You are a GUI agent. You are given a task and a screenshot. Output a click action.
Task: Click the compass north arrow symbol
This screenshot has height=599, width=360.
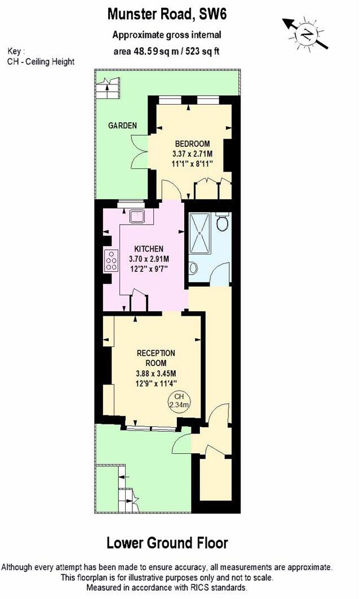point(306,33)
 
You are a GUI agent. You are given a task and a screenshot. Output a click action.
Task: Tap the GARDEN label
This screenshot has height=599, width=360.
point(122,126)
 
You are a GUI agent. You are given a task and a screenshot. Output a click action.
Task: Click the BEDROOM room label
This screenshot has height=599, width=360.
point(192,143)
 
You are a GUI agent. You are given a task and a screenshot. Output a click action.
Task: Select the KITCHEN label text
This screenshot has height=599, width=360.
point(149,249)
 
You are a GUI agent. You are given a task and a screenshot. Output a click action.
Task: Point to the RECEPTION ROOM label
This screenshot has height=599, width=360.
point(156,357)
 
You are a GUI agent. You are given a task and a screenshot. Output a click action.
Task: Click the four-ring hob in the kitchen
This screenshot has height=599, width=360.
point(111,261)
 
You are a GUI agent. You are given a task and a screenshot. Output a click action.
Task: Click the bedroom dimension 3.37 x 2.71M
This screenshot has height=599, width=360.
point(192,153)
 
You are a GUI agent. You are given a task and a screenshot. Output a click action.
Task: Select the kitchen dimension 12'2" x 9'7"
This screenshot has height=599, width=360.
point(149,269)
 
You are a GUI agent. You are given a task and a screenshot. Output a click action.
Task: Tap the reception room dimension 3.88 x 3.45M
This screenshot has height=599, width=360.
point(156,373)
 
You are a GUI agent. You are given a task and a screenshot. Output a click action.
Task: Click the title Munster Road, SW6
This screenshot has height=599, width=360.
point(166,14)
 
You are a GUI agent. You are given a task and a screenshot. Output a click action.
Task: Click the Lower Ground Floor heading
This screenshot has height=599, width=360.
point(167,543)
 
